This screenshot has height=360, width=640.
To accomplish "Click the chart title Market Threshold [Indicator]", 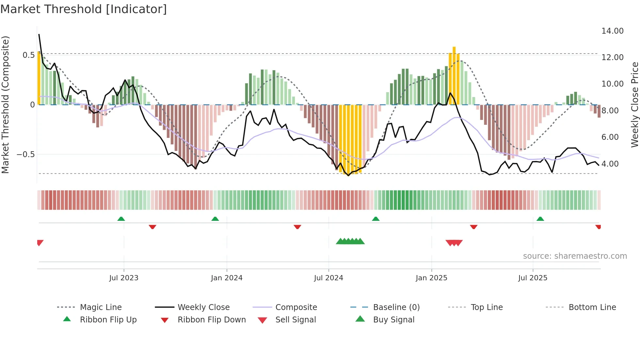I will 84,9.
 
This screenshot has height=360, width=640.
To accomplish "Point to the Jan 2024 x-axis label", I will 227,278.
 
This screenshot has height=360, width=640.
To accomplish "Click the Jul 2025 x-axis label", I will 533,278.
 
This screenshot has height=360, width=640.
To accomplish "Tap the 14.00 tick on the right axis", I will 612,31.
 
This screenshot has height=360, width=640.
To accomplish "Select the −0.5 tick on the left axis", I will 26,155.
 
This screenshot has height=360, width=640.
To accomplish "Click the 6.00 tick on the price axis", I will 610,137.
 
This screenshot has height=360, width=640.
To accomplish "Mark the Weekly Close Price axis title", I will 634,105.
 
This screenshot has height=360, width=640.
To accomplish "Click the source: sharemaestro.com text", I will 575,256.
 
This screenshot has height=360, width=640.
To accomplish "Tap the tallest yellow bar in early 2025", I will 454,75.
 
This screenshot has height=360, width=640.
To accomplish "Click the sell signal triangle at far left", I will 40,242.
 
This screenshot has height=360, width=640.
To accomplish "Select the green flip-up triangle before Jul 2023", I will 121,219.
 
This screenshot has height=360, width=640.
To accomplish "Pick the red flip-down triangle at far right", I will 598,227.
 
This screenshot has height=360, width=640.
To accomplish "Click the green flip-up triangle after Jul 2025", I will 540,219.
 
